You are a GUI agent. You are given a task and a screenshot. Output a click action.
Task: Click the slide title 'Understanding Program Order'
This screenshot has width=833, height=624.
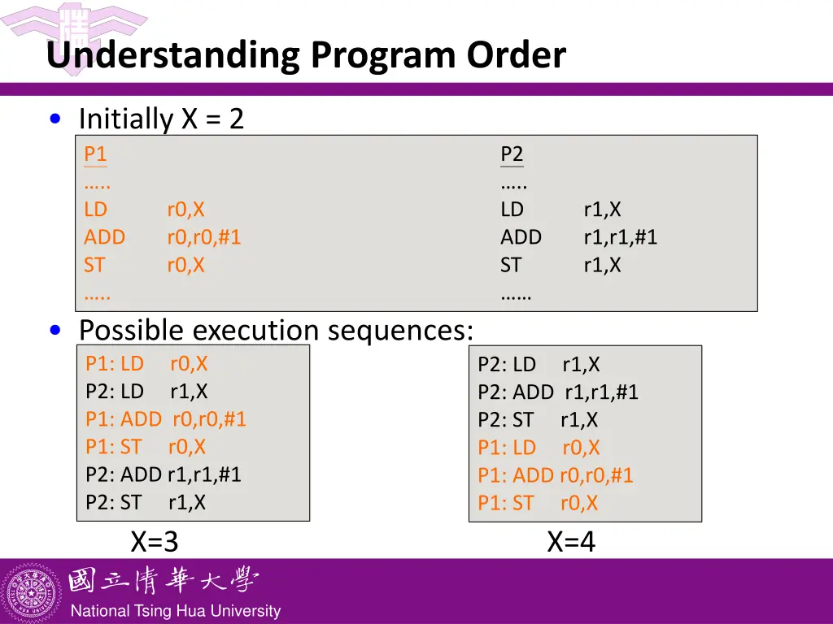pyautogui.click(x=305, y=55)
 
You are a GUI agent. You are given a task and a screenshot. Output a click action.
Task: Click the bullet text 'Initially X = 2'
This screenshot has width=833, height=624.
pyautogui.click(x=161, y=119)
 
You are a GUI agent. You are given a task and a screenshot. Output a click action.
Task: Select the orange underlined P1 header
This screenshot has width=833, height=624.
pyautogui.click(x=95, y=154)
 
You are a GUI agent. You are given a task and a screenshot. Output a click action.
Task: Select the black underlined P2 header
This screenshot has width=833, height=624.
pyautogui.click(x=512, y=154)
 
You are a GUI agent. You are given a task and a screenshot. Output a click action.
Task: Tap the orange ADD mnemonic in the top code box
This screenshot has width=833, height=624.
pyautogui.click(x=104, y=237)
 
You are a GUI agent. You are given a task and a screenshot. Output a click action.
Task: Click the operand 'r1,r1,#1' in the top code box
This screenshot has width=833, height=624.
pyautogui.click(x=620, y=237)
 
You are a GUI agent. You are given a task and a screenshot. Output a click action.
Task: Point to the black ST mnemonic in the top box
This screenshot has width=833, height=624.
pyautogui.click(x=510, y=265)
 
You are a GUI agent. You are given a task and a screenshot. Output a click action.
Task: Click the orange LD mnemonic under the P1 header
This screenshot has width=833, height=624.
pyautogui.click(x=95, y=210)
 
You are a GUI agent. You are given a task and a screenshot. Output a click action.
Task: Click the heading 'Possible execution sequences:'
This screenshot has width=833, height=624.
pyautogui.click(x=276, y=331)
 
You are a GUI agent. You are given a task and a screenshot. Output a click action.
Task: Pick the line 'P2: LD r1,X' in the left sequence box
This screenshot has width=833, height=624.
pyautogui.click(x=146, y=392)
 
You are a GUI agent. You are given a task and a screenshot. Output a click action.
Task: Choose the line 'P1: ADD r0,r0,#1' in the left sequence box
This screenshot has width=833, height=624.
pyautogui.click(x=165, y=419)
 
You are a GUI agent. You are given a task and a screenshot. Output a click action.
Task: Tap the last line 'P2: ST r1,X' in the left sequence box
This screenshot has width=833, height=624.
pyautogui.click(x=145, y=502)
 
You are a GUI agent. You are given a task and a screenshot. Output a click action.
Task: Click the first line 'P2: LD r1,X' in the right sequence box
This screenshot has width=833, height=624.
pyautogui.click(x=539, y=365)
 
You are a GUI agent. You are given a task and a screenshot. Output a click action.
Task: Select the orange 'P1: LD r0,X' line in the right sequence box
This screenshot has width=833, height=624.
pyautogui.click(x=539, y=448)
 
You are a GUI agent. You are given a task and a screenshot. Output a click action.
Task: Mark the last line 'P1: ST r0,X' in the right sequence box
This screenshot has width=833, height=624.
pyautogui.click(x=538, y=503)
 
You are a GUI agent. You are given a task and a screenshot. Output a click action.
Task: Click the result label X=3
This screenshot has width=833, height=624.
pyautogui.click(x=154, y=541)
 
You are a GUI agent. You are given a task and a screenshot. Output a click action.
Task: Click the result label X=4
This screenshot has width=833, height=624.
pyautogui.click(x=571, y=541)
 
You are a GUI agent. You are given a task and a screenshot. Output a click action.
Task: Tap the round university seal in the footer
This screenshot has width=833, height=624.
pyautogui.click(x=33, y=591)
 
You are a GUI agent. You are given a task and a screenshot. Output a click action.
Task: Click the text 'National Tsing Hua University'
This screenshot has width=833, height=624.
pyautogui.click(x=175, y=611)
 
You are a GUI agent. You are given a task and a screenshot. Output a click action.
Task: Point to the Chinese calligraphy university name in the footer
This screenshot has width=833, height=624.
pyautogui.click(x=163, y=581)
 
